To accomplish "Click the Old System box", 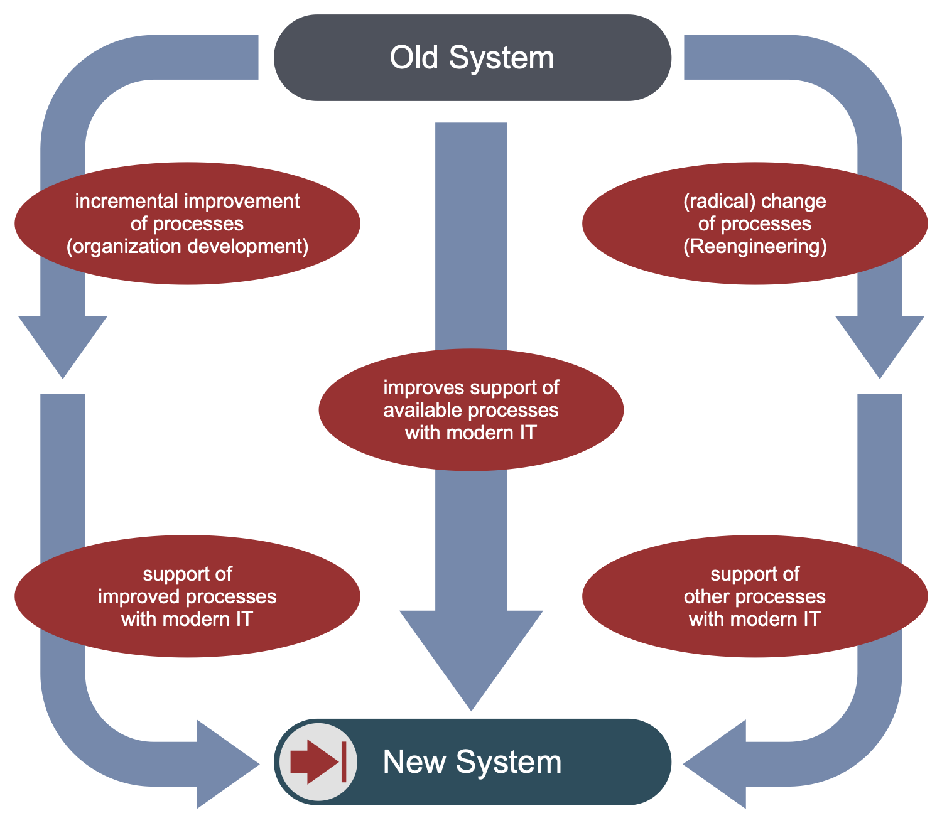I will click(472, 58).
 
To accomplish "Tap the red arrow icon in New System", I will click(318, 761).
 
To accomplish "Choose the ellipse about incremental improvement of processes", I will click(187, 223).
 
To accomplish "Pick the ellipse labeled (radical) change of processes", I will click(754, 223).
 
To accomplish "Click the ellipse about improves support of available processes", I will click(471, 410).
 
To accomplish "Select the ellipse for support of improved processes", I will click(187, 596).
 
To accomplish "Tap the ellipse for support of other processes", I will click(754, 596).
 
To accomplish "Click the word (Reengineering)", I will click(754, 246).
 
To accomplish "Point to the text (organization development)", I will click(187, 246).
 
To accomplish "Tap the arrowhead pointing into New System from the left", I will click(223, 764).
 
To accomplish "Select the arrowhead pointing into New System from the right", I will click(719, 764).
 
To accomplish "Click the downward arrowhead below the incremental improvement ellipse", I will click(63, 342).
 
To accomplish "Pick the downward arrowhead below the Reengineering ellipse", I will click(880, 342).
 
